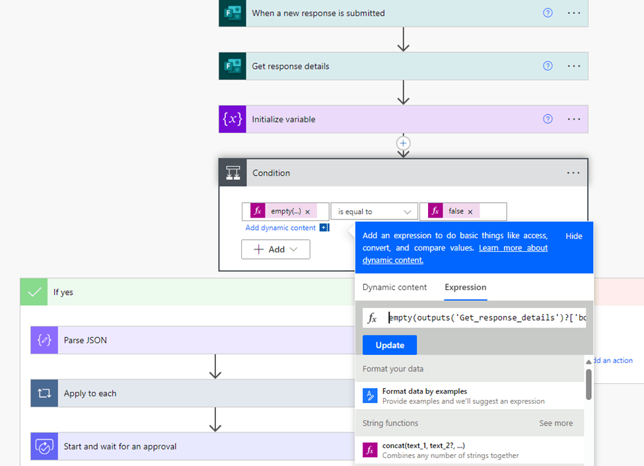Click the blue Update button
(389, 345)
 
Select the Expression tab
(466, 288)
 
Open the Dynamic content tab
(394, 288)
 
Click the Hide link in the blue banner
(574, 236)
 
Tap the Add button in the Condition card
(275, 249)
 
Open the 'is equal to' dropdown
(374, 212)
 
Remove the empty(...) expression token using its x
(308, 212)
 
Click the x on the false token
(470, 212)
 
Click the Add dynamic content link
(281, 227)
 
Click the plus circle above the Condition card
(404, 143)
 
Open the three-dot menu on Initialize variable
(574, 119)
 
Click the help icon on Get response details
(548, 65)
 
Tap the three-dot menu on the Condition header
(573, 173)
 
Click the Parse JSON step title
(85, 340)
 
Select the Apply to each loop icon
(44, 393)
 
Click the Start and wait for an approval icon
(44, 446)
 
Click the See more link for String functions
(555, 423)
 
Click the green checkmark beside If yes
(34, 292)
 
